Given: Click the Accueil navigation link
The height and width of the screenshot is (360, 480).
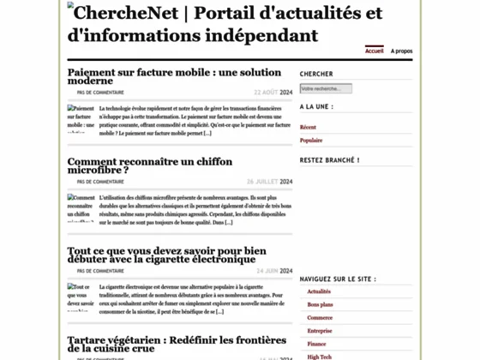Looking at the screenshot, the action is pos(374,51).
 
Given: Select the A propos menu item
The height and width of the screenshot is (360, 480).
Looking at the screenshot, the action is pos(401,51).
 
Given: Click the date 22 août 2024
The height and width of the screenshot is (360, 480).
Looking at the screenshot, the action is pos(273,92).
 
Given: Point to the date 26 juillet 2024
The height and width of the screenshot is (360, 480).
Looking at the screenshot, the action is pos(269,181).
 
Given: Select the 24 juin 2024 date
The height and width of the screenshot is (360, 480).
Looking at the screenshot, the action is pos(274,271).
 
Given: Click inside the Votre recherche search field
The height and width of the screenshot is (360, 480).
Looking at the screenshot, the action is pos(326,88).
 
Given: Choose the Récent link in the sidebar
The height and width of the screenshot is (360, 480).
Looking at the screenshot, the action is pos(308,128).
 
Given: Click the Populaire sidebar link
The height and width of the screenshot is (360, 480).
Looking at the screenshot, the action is pos(311,141).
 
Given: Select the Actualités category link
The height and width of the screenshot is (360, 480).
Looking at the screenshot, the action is pos(319,292).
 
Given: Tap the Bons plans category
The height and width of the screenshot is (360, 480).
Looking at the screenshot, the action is pos(320,305).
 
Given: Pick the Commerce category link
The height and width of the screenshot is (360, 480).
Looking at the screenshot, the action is pos(320,318).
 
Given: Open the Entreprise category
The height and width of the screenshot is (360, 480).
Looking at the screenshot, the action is pos(320,331).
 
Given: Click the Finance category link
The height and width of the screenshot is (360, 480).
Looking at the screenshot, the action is pos(317,344).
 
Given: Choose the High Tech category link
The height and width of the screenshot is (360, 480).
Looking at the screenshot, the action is pos(319,356).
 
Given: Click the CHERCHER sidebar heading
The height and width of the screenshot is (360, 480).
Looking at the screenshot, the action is pos(316,74).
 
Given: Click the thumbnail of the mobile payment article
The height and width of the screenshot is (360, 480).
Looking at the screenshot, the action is pos(81,119).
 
